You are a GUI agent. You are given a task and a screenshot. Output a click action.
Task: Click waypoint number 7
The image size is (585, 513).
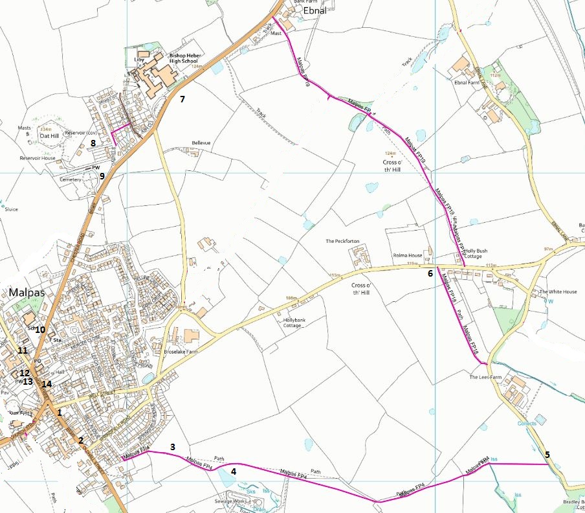tap(182, 99)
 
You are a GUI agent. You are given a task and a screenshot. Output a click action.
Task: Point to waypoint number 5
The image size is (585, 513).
tap(547, 454)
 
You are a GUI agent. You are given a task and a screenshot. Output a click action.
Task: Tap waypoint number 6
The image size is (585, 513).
tap(430, 273)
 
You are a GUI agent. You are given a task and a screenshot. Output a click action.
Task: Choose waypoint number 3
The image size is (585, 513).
tap(173, 446)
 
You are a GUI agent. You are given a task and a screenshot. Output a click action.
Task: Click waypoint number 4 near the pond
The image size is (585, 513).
tap(234, 471)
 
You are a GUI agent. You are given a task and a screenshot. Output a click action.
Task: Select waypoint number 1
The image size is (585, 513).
tap(59, 412)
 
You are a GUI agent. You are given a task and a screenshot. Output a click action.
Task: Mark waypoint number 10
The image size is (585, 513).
tap(40, 330)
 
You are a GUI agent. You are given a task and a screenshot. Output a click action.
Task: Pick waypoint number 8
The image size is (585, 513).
tap(93, 143)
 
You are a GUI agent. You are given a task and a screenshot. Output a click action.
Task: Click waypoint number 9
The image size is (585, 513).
tap(102, 175)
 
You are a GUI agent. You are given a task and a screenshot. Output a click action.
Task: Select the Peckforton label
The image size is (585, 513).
tap(342, 241)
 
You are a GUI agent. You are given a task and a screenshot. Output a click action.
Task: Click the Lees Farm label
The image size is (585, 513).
tap(486, 376)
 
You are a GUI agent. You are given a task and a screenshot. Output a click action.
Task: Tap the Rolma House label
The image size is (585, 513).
tap(407, 255)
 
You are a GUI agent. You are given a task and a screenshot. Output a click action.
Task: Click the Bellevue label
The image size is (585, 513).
tap(201, 142)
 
